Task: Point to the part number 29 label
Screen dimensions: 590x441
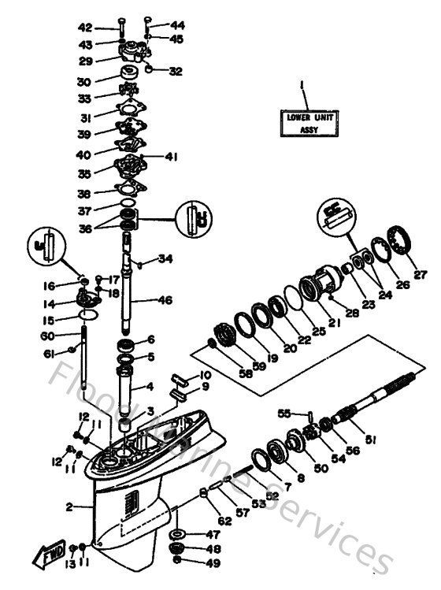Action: (106, 61)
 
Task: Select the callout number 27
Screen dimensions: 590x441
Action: (419, 275)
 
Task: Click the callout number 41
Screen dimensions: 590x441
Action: (170, 157)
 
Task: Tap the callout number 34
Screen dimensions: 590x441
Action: (164, 258)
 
